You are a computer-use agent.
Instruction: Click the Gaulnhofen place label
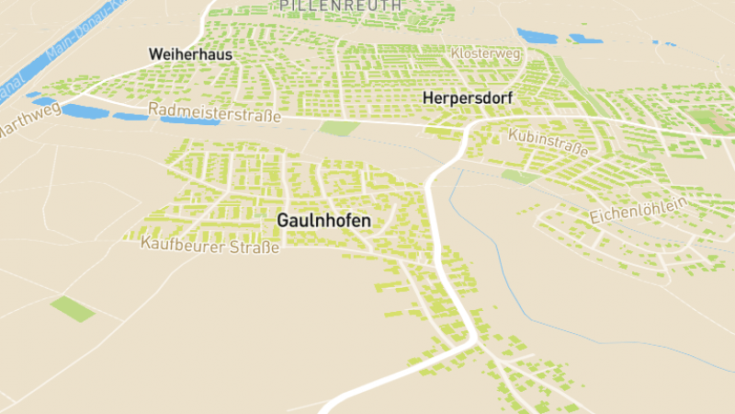[324, 222]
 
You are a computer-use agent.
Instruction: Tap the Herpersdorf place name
[467, 97]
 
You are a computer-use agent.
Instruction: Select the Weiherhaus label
[190, 55]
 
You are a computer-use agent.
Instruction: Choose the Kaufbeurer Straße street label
[209, 245]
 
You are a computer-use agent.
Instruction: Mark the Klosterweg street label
[486, 54]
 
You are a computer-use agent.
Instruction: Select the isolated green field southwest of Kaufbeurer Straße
[73, 308]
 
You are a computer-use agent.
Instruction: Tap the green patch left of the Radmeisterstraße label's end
[339, 128]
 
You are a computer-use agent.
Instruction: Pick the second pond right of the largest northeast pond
[663, 42]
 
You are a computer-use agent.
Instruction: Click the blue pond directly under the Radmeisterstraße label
[189, 121]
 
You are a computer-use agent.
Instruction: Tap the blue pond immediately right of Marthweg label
[84, 111]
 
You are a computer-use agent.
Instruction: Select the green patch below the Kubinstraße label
[518, 177]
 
